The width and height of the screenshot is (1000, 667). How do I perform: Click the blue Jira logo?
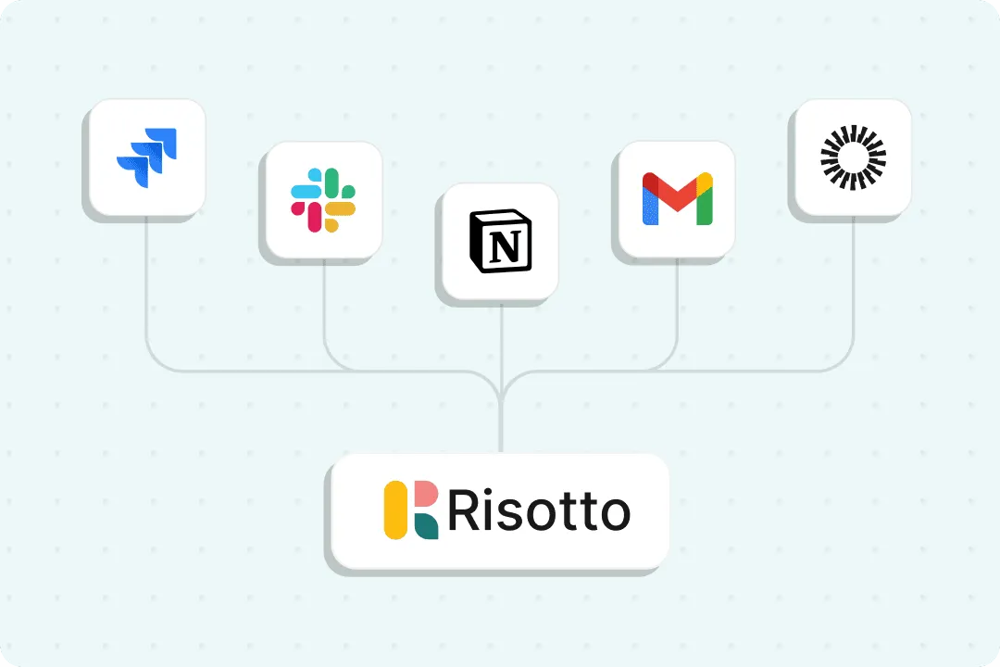point(146,158)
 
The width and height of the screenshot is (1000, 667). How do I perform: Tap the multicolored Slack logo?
point(323,199)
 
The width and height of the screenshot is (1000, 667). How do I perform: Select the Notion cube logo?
point(500,242)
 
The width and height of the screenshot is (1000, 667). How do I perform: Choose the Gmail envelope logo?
point(677,199)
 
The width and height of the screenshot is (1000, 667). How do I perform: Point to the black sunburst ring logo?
point(853,158)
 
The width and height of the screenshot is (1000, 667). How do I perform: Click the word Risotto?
point(538,510)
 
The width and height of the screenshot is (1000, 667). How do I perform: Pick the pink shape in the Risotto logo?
point(424,497)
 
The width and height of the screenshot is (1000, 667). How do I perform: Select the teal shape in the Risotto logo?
point(426,525)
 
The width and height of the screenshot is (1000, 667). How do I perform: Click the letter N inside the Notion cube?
point(503,245)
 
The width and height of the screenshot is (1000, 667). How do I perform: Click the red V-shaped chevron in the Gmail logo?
point(677,192)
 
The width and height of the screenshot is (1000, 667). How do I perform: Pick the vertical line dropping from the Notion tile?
point(501,343)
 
